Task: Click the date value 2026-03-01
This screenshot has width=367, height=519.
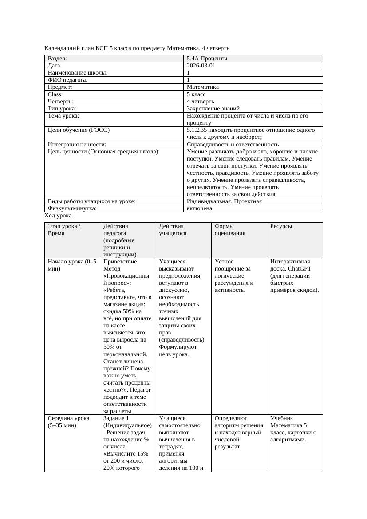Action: coord(201,65)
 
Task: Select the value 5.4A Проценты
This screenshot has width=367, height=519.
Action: coord(207,58)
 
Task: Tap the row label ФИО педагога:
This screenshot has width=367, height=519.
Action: coord(67,80)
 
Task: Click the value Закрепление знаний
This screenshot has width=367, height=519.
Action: coord(213,108)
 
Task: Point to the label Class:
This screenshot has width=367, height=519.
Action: coord(55,94)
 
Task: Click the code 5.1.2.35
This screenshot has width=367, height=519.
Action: coord(198,130)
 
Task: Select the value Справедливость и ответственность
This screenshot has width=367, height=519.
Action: coord(233,145)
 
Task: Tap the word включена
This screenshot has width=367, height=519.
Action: coord(199,208)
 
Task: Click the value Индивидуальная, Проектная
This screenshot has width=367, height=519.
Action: coord(224,201)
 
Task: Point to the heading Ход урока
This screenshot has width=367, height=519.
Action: coord(58,216)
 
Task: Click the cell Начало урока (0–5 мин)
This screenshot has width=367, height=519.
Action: coord(71,265)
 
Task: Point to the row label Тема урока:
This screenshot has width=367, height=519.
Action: coord(63,116)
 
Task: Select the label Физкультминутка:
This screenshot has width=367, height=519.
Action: coord(72,208)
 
